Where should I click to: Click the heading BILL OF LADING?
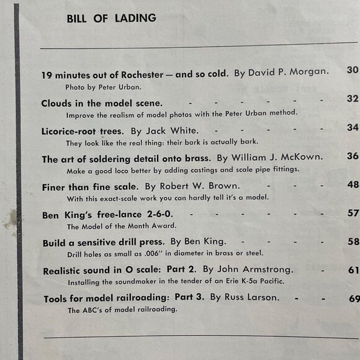tap(111, 18)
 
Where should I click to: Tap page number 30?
tap(353, 70)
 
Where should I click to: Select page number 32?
tap(353, 99)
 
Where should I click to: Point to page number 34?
tap(353, 127)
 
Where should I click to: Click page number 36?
tap(353, 156)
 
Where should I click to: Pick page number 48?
tap(353, 184)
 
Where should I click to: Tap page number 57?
tap(353, 213)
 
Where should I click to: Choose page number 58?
tap(353, 241)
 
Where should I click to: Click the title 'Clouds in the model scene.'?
tap(102, 102)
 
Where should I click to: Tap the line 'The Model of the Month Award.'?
tap(114, 226)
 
